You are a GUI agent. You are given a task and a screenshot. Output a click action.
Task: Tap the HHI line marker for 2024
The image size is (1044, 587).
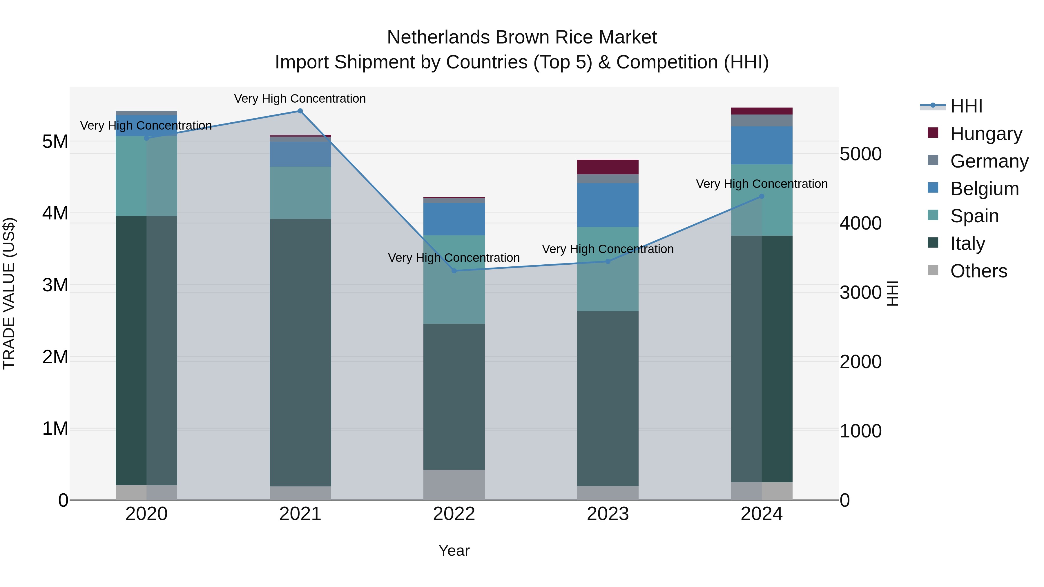(762, 197)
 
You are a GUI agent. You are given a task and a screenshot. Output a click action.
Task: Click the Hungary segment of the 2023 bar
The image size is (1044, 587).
(608, 167)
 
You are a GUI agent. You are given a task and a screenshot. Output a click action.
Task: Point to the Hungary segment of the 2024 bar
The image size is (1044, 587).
(762, 111)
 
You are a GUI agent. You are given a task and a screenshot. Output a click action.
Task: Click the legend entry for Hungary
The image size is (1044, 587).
(986, 134)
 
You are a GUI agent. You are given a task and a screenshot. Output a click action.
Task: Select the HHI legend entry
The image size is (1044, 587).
(966, 106)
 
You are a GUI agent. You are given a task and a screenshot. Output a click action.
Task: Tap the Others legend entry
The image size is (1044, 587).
(978, 271)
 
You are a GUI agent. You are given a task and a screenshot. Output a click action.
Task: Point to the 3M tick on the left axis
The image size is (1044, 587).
(55, 285)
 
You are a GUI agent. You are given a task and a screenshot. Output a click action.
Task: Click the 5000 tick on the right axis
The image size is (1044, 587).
(860, 154)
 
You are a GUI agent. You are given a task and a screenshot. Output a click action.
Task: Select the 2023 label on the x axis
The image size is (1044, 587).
(608, 514)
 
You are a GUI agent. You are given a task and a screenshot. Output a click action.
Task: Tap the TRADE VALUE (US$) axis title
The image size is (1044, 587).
(9, 293)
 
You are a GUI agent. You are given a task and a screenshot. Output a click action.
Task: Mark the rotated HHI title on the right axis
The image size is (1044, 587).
(892, 293)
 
